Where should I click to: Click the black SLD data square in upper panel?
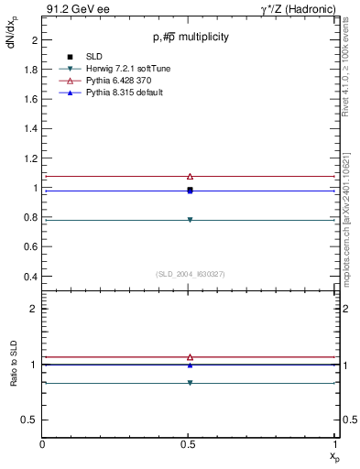click(190, 190)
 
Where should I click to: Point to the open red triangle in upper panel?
click(190, 176)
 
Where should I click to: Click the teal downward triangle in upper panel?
click(190, 220)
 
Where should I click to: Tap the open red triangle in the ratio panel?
click(190, 357)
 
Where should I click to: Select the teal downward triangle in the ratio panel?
click(190, 383)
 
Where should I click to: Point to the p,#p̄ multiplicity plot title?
click(191, 38)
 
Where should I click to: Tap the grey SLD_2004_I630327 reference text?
click(190, 274)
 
